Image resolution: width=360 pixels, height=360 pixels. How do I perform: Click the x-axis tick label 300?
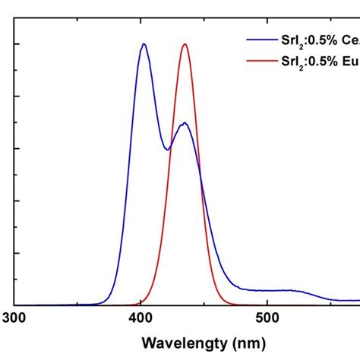coord(14,317)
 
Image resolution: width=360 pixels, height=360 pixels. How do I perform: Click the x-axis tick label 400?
coord(141,317)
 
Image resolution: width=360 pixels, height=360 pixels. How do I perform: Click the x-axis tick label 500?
coord(267,317)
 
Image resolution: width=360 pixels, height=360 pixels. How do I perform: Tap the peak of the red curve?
coord(185,44)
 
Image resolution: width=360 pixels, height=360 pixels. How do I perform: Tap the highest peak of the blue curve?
coord(144,44)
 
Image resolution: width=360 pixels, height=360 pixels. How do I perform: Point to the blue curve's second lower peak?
coord(183,123)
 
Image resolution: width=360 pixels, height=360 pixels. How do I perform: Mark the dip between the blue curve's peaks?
coord(168,150)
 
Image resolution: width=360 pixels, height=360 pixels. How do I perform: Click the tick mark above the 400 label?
coord(141,302)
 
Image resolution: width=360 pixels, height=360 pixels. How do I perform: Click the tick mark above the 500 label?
coord(267,302)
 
